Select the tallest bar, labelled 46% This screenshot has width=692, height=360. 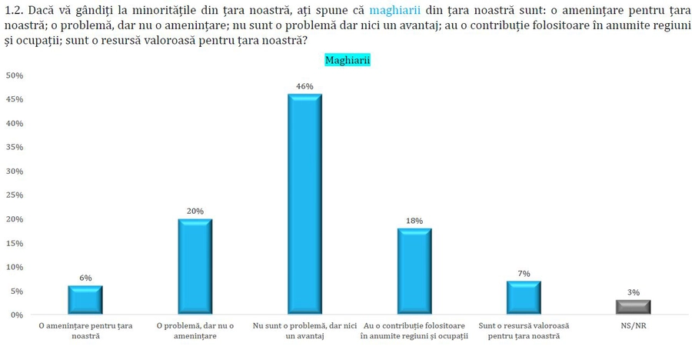[x=304, y=204]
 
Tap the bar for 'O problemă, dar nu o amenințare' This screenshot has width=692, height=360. [x=195, y=266]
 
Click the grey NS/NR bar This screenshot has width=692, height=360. [x=634, y=307]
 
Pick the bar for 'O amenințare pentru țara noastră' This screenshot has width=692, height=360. [x=85, y=300]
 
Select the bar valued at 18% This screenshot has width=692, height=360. [x=414, y=272]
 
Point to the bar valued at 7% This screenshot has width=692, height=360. [x=524, y=298]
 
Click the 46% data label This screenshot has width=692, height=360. [x=305, y=86]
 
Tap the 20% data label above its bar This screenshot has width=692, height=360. [x=195, y=211]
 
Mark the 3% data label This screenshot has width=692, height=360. [x=634, y=292]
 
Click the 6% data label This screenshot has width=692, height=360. [x=85, y=278]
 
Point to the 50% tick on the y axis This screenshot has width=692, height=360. [x=15, y=75]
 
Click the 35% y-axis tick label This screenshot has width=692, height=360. [x=15, y=147]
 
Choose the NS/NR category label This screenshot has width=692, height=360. [x=634, y=326]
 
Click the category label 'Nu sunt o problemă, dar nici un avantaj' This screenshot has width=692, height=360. [x=305, y=331]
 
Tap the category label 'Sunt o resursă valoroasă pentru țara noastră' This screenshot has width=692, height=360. [x=524, y=331]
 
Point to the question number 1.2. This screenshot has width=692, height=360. [x=16, y=11]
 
